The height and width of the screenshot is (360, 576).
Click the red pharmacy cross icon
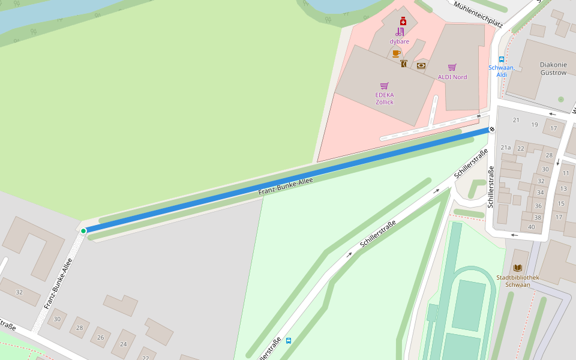coord(403,20)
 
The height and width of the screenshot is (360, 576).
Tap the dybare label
coord(399,41)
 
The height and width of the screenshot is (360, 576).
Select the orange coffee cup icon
coord(396,53)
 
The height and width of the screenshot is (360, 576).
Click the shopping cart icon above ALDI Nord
coord(452,67)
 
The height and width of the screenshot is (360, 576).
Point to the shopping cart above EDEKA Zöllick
coord(384,86)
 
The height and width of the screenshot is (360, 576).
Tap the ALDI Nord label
coord(452,77)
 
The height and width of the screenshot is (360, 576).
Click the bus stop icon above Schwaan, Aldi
coord(502,59)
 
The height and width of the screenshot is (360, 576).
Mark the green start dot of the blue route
coord(83,230)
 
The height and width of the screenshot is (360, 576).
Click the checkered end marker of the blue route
coord(492,128)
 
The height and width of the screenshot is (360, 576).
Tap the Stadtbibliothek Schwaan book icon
coord(518,268)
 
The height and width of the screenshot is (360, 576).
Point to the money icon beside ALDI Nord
coord(421,65)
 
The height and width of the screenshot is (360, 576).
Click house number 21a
coord(506,147)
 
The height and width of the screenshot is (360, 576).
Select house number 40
coord(531,226)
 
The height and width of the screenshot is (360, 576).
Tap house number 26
coord(100,337)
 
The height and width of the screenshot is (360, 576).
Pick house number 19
coord(535,125)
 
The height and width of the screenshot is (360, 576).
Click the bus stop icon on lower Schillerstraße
coord(289,341)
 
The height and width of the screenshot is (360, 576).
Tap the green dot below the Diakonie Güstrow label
coord(561,99)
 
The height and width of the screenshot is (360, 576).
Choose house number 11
coord(565,173)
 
